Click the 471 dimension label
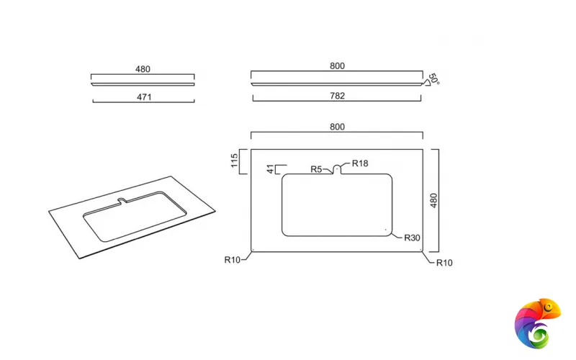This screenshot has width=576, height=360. (144, 97)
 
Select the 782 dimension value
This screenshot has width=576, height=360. (337, 96)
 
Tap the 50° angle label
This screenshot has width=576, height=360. (434, 79)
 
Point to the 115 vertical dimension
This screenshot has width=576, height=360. (235, 161)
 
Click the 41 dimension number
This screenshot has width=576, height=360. (271, 169)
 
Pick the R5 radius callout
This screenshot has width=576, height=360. (316, 169)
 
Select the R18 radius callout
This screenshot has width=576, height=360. (360, 163)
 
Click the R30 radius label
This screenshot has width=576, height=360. (412, 238)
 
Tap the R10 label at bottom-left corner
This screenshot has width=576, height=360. (232, 260)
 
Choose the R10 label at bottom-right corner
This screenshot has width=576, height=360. (444, 263)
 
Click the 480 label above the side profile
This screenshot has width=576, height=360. (143, 69)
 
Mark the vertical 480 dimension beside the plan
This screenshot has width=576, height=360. (434, 201)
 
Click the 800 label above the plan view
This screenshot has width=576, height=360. (337, 127)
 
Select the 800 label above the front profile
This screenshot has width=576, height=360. (337, 66)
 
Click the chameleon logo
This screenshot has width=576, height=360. (537, 323)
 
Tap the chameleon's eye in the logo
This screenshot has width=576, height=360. (549, 307)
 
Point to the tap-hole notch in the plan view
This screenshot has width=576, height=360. (337, 169)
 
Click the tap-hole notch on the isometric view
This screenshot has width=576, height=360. (122, 201)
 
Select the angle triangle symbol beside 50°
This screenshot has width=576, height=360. (426, 83)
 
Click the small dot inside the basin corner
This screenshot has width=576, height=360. (386, 230)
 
